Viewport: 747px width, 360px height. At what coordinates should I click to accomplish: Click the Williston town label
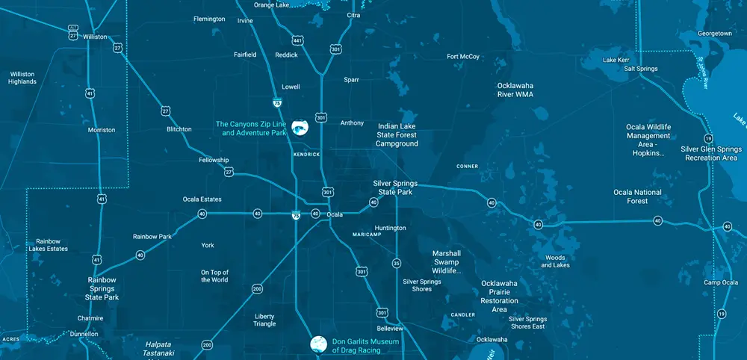coord(95,37)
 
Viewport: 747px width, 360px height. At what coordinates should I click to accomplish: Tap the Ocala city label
coord(335,214)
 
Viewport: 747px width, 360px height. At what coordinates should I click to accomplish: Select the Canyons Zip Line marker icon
coord(300,128)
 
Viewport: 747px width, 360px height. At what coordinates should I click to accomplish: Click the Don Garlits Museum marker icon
coord(319,344)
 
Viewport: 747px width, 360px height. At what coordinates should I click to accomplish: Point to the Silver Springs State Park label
coord(395,187)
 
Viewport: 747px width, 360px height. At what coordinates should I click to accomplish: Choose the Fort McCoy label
coord(463,57)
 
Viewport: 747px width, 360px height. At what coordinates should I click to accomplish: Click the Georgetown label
coord(715,34)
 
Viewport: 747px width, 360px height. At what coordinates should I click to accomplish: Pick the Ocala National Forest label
coord(637,196)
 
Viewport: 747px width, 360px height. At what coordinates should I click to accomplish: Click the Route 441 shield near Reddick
coord(297,40)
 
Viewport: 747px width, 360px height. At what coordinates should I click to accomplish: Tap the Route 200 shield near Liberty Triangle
coord(257,288)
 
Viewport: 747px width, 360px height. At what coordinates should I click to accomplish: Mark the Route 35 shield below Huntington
coord(397,263)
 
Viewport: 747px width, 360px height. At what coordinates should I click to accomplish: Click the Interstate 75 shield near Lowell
coord(277,104)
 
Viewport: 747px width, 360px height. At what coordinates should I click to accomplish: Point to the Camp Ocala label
coord(721,282)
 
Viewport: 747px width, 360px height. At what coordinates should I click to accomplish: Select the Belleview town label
coord(390,329)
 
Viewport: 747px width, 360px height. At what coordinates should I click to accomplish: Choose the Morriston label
coord(102,130)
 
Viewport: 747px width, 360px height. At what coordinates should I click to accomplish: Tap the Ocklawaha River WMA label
coord(515,90)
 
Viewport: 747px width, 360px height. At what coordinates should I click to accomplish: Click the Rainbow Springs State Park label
coord(102,288)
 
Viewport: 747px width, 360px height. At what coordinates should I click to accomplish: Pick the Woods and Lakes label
coord(555,261)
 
